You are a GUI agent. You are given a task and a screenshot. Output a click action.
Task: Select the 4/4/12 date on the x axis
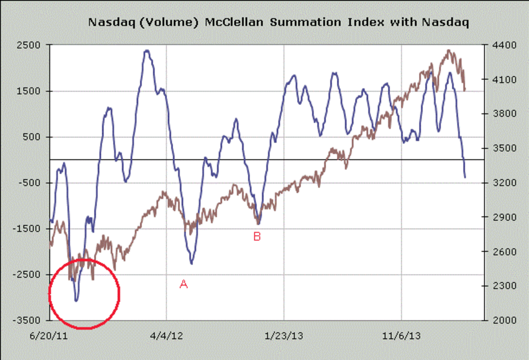coord(167,336)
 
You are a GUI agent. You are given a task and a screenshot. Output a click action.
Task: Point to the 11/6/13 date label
coord(402,336)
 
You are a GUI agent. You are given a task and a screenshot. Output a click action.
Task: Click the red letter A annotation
coord(184,285)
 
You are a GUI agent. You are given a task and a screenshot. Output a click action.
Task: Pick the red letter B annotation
coord(257,237)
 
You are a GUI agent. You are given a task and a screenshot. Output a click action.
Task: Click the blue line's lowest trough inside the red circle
coord(76,301)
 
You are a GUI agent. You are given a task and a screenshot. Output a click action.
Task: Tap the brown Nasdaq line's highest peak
coord(449,50)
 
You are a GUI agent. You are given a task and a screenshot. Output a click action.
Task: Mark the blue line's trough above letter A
coord(191,264)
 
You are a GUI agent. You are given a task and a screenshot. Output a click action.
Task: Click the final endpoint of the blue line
coord(465,177)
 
